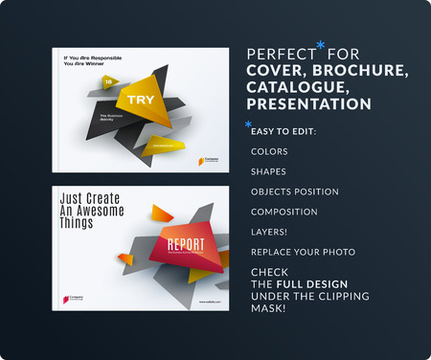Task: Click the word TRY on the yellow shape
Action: (129, 99)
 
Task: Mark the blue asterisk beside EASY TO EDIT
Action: (249, 124)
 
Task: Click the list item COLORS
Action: (268, 151)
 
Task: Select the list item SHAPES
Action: (267, 171)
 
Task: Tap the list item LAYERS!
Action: (269, 232)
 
